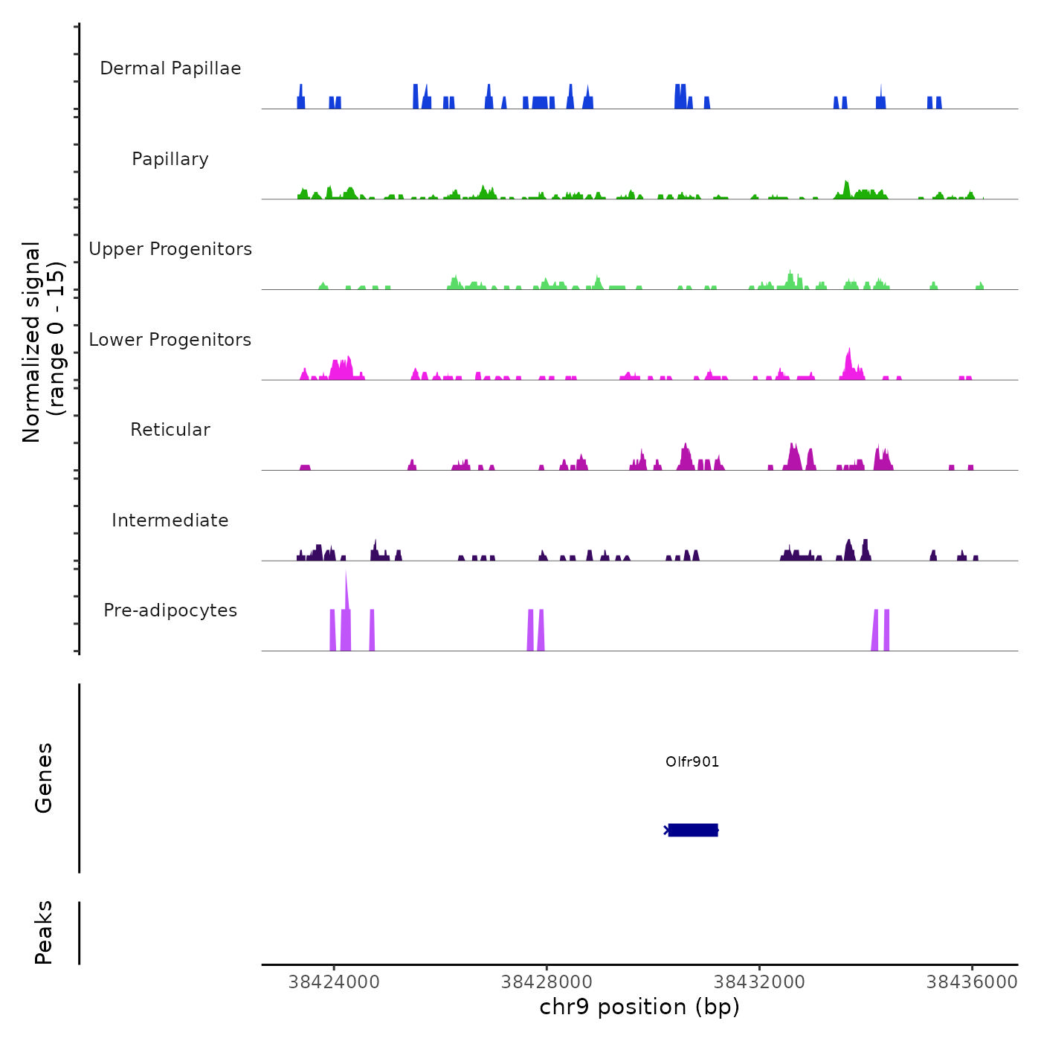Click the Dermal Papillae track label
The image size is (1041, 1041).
[170, 68]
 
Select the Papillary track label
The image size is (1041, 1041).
[170, 159]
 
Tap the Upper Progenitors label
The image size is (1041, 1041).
[170, 249]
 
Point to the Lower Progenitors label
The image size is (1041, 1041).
[170, 340]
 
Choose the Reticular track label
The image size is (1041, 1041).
[170, 430]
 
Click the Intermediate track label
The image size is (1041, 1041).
[170, 520]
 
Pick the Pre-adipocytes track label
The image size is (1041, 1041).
[170, 610]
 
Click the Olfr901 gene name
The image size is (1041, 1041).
[692, 761]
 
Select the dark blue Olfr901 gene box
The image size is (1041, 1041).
[693, 830]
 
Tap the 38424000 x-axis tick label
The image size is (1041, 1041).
[334, 982]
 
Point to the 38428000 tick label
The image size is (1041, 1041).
[547, 982]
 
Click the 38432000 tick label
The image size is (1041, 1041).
[759, 982]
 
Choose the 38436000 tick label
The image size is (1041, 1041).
[972, 982]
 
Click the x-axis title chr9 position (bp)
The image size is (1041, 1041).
[639, 1008]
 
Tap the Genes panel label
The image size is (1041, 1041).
[44, 778]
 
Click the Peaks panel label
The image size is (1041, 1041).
[44, 932]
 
